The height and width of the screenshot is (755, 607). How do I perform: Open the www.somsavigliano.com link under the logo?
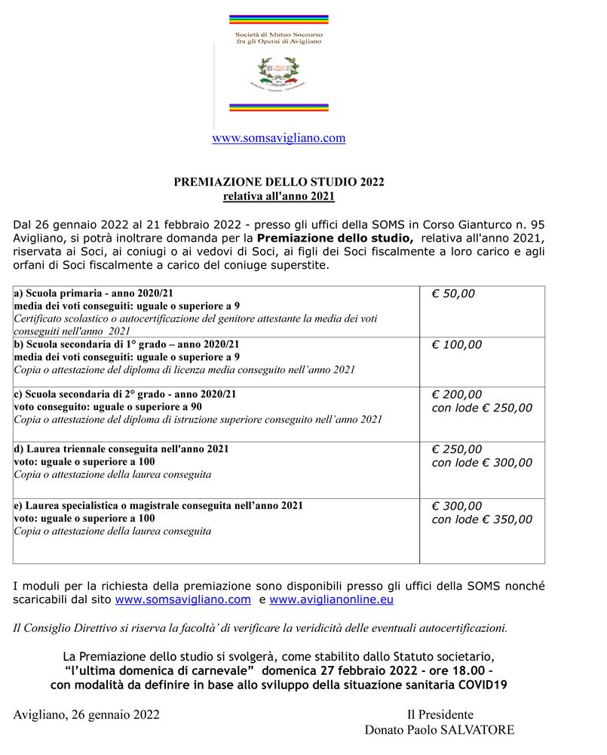(x=278, y=138)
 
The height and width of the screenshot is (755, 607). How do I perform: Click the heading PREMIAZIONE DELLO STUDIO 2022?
(x=279, y=182)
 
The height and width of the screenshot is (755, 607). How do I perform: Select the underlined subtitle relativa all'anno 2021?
(x=279, y=196)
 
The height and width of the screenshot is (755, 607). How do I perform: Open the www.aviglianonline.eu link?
(x=331, y=600)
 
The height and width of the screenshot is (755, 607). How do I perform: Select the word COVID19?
(x=480, y=685)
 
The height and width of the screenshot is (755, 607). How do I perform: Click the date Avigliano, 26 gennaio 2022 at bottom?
(x=86, y=714)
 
